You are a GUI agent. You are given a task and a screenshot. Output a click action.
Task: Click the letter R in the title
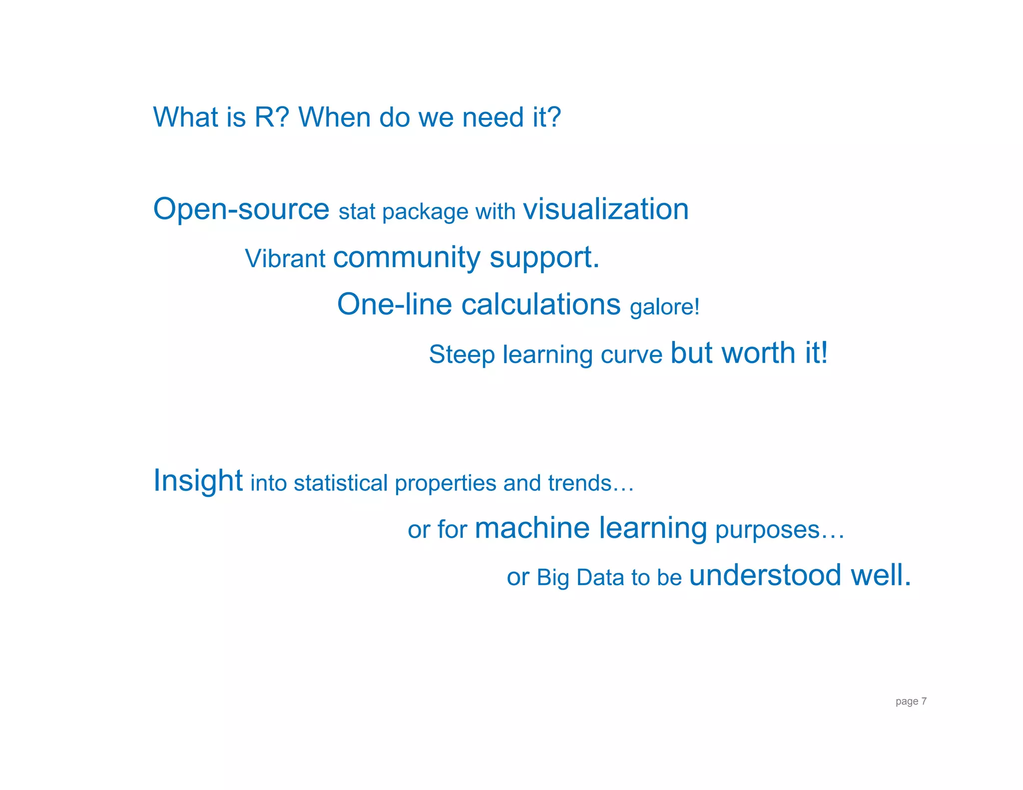coord(265,117)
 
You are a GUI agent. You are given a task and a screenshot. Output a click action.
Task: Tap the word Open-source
coord(241,209)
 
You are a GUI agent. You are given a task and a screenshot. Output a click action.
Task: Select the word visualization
coord(605,209)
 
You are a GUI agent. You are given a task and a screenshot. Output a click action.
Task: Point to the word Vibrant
coord(285,259)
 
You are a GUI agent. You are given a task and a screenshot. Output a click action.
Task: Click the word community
coord(407,258)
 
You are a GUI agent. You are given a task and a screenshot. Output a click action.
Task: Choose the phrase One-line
coord(394,304)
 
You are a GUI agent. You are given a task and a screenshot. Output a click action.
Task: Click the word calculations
coord(540,304)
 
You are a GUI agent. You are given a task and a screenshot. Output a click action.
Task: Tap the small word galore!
coord(664,307)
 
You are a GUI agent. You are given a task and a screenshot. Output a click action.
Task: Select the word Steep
coord(462,355)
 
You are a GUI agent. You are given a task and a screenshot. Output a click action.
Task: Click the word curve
coord(631,355)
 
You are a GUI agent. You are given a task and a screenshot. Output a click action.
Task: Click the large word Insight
coord(198,480)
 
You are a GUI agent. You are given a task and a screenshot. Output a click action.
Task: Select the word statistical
coord(341,483)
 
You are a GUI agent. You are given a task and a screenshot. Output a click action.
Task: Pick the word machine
coord(532,528)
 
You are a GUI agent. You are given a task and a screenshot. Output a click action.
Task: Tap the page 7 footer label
coord(911,701)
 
